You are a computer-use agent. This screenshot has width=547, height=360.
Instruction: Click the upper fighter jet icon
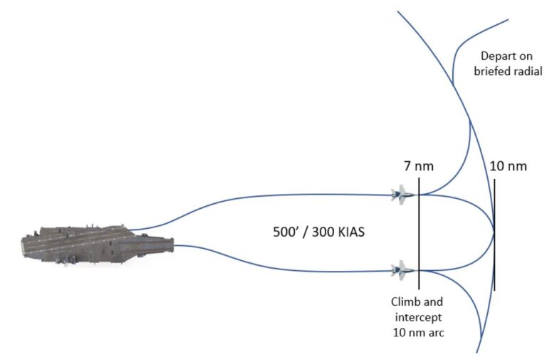coord(402,195)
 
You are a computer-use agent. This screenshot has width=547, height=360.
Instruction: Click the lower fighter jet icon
coord(402,270)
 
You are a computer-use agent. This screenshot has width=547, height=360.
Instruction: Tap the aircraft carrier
coord(98,245)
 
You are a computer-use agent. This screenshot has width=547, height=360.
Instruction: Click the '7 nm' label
coord(419,166)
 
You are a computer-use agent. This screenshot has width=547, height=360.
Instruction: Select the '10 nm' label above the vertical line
coord(509,166)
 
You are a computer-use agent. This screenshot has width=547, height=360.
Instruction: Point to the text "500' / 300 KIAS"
coord(318,232)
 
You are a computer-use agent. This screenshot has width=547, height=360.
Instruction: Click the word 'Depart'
coord(496,56)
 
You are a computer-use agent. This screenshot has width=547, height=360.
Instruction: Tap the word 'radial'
coord(528,71)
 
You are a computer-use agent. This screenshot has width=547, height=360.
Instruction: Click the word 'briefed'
coord(493,71)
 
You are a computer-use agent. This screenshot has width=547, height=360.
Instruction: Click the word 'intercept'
coord(418,317)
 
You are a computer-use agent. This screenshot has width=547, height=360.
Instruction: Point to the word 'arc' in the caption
coord(437,332)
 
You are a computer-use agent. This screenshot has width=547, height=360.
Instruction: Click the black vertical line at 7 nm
coord(419,234)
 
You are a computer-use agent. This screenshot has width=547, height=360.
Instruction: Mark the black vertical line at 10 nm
coord(494,235)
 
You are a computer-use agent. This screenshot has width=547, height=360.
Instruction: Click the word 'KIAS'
coord(351,232)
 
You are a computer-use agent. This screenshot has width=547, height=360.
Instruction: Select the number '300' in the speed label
coord(322,232)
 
